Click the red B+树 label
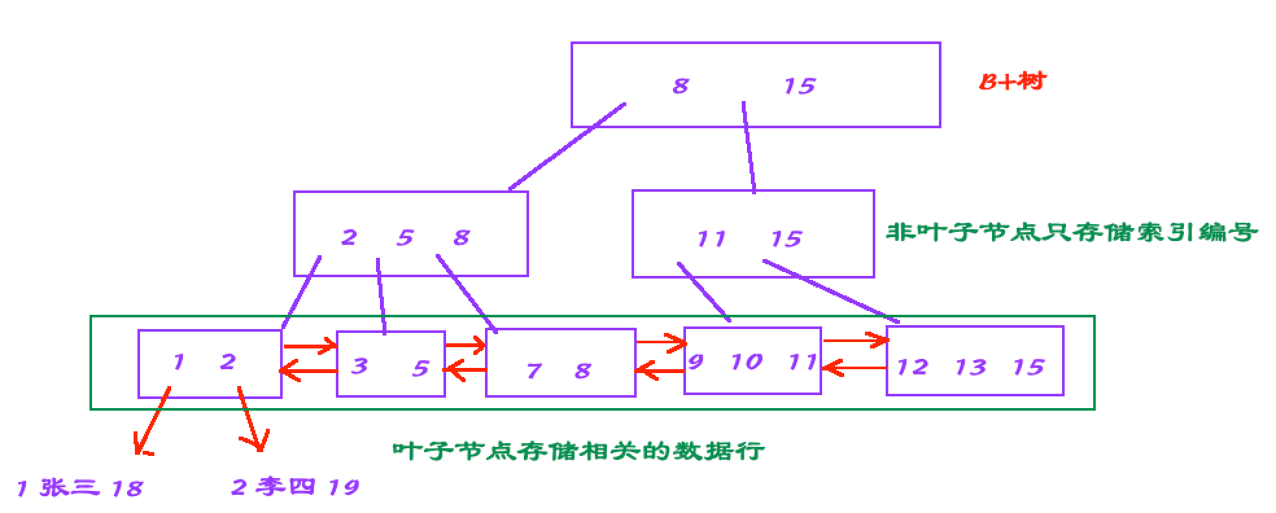click(x=1011, y=82)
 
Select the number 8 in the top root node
click(x=680, y=86)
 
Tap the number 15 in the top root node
click(x=799, y=86)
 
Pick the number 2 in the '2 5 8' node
click(x=349, y=238)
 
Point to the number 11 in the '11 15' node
click(x=711, y=239)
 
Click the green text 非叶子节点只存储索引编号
click(x=1071, y=232)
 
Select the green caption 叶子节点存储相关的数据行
click(x=578, y=450)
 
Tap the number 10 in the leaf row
click(x=746, y=362)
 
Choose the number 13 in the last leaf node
click(x=970, y=368)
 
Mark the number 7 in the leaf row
click(x=534, y=371)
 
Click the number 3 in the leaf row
click(x=359, y=367)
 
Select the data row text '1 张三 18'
click(x=79, y=488)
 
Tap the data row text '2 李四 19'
click(x=295, y=486)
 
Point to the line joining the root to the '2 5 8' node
click(x=567, y=146)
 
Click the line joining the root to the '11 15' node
click(x=748, y=147)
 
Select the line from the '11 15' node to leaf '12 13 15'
click(x=831, y=291)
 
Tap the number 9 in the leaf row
click(x=695, y=361)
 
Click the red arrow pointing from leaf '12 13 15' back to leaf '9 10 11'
click(x=855, y=369)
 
